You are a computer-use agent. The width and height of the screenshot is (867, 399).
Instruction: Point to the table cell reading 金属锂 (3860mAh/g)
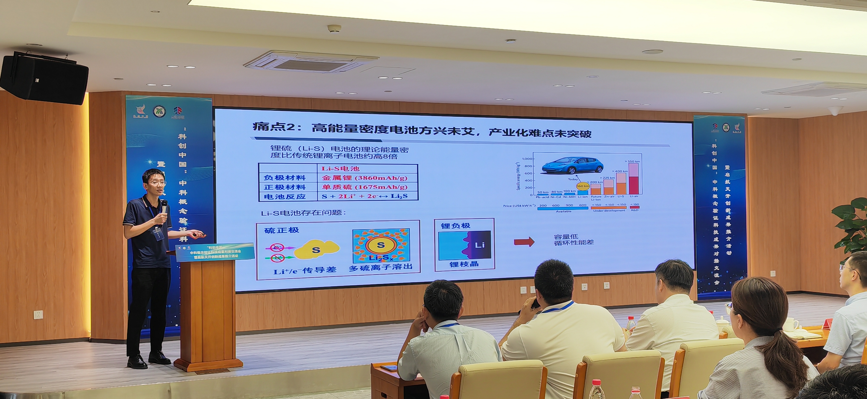click(364, 178)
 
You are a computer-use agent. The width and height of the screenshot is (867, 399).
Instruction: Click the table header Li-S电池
click(340, 168)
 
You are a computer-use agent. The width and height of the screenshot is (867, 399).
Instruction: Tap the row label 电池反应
click(285, 197)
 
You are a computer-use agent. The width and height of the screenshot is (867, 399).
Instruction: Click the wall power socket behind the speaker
click(38, 315)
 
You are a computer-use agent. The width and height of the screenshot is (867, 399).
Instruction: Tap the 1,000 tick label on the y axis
click(527, 159)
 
